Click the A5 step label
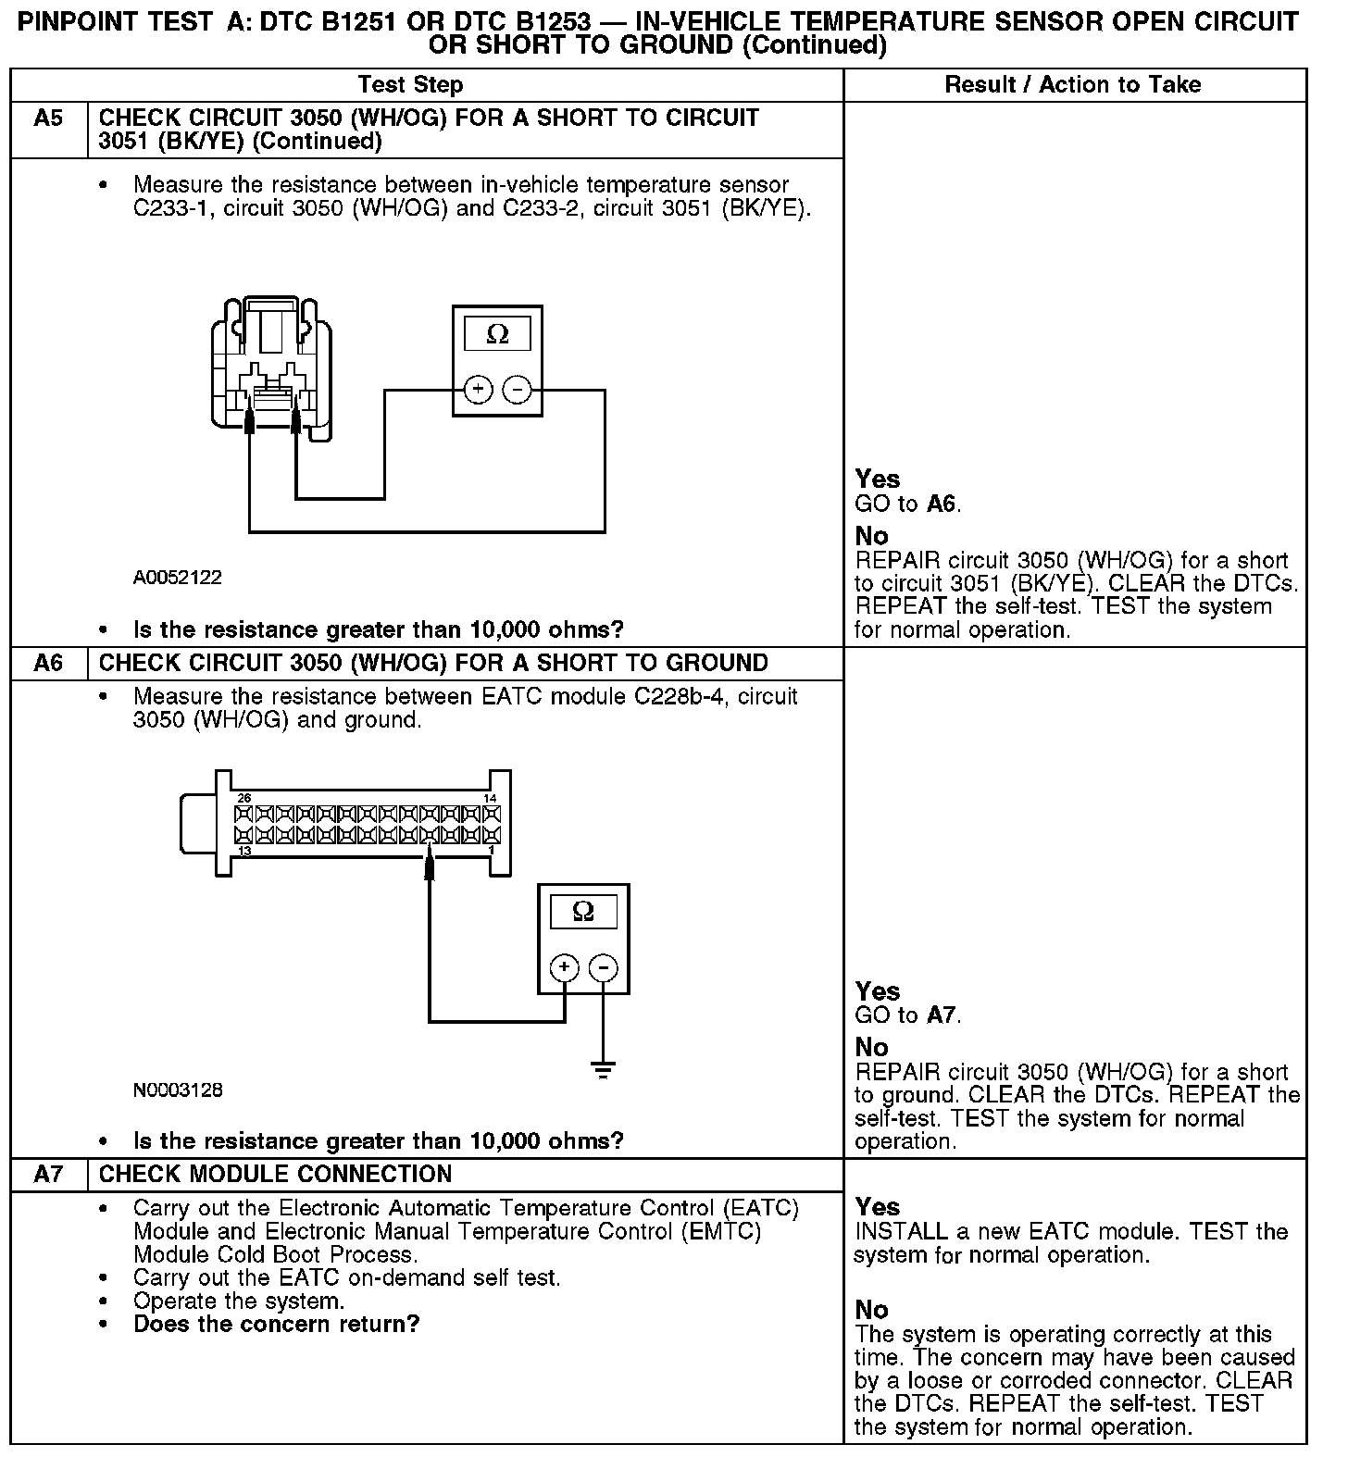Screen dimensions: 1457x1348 click(48, 118)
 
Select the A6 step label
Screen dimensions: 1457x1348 click(48, 664)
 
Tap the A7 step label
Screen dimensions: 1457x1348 click(48, 1175)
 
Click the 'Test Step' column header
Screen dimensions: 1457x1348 click(410, 85)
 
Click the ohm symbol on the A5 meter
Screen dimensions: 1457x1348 click(497, 335)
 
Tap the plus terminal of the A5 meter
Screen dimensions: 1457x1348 click(478, 390)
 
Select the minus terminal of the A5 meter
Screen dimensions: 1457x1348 click(517, 390)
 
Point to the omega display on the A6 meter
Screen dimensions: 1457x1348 click(583, 912)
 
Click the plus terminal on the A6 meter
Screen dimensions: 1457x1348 click(565, 968)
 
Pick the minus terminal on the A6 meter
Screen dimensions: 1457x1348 click(604, 968)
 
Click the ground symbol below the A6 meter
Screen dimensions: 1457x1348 click(604, 1071)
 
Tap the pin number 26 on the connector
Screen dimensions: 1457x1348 click(244, 798)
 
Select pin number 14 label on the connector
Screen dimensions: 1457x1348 click(490, 798)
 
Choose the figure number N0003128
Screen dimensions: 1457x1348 click(178, 1090)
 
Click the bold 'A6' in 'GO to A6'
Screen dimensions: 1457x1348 click(942, 504)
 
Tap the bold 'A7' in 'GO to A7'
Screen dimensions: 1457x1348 click(942, 1015)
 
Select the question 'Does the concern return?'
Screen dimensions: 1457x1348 click(276, 1325)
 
